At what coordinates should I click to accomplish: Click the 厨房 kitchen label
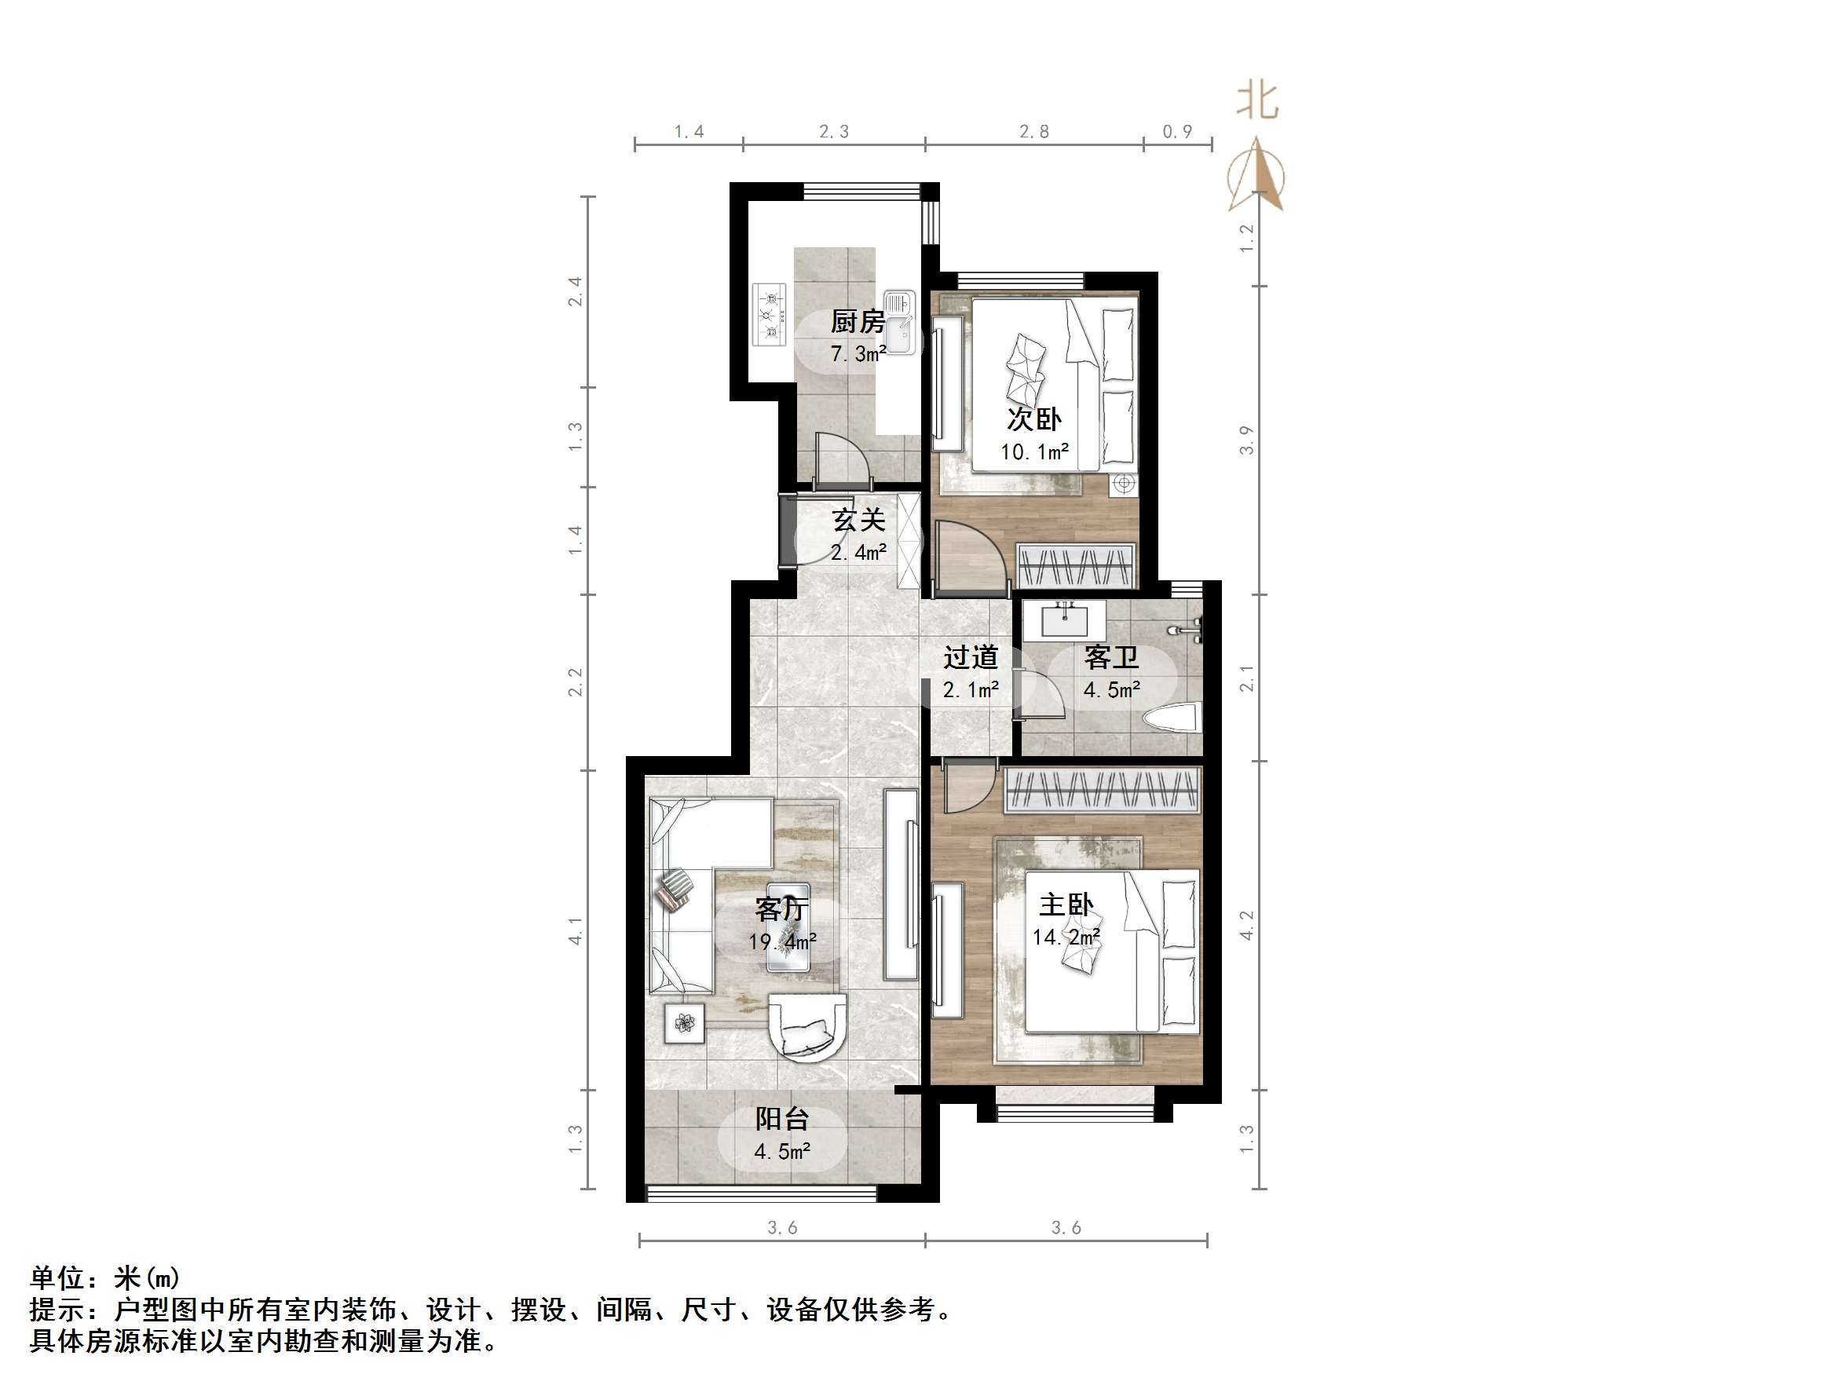tap(858, 321)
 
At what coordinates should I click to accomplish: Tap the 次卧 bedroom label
tap(1033, 419)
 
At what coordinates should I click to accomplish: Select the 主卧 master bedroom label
tap(1066, 905)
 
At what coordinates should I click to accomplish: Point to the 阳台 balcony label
tap(781, 1119)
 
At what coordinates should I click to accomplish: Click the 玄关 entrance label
tap(858, 520)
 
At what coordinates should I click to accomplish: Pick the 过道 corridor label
tap(971, 658)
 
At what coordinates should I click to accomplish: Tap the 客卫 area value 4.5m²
tap(1111, 690)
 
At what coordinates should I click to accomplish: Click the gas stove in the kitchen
tap(770, 315)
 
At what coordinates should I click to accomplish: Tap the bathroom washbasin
tap(1065, 620)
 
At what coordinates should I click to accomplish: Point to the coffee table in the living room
tap(789, 926)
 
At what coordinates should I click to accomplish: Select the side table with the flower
tap(685, 1023)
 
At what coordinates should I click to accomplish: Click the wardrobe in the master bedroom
tap(1101, 789)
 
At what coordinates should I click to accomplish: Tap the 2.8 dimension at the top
tap(1033, 132)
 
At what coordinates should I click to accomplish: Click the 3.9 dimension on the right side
tap(1245, 440)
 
